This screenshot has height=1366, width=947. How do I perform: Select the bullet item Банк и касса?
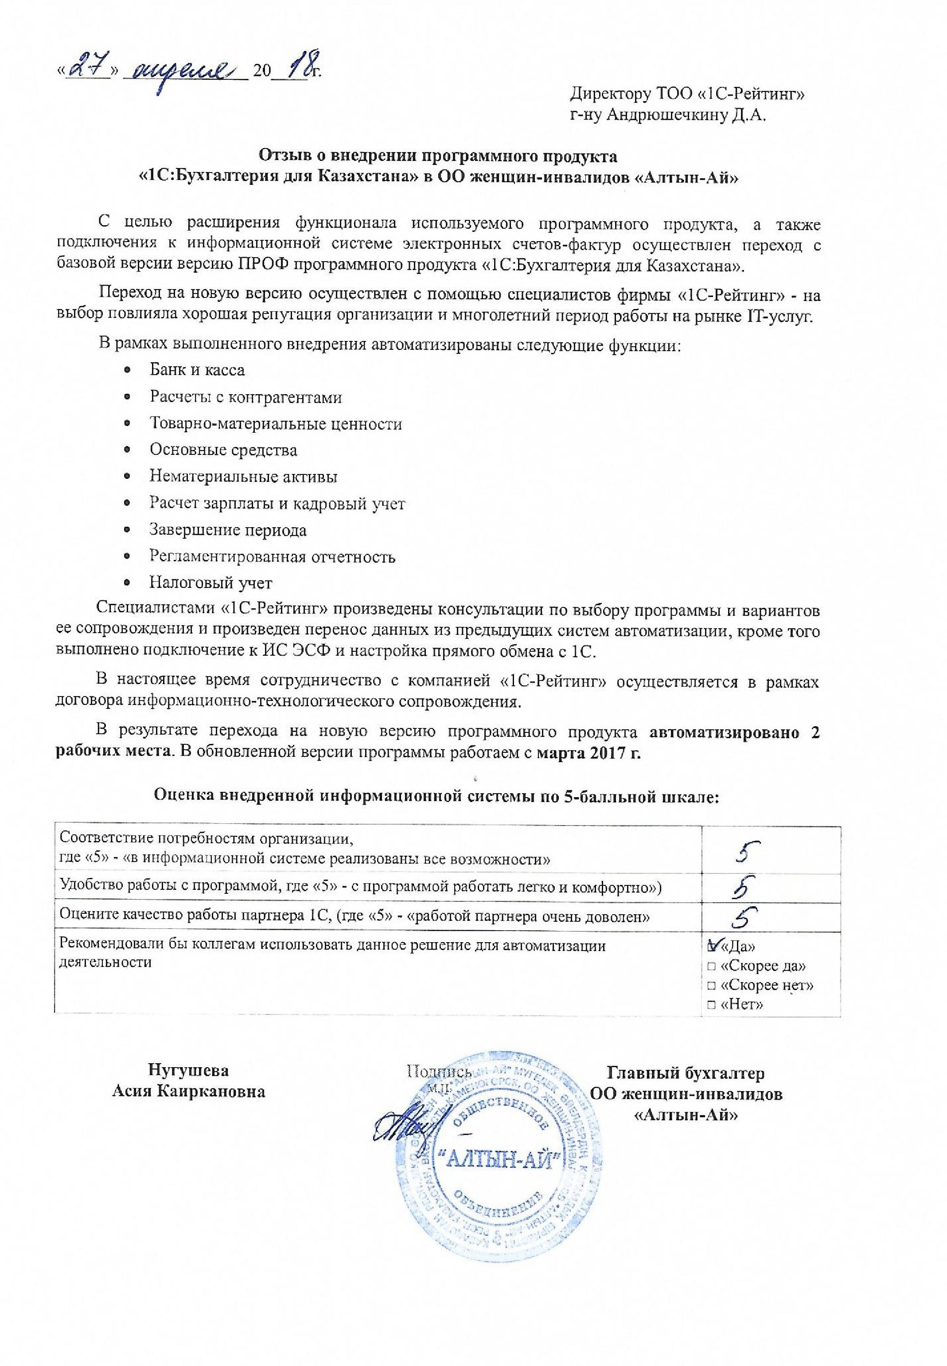[x=197, y=370]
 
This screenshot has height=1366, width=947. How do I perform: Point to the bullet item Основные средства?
[x=223, y=450]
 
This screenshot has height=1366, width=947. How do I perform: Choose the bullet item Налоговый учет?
[x=210, y=583]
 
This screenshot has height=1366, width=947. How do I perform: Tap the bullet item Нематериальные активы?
[x=243, y=477]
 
